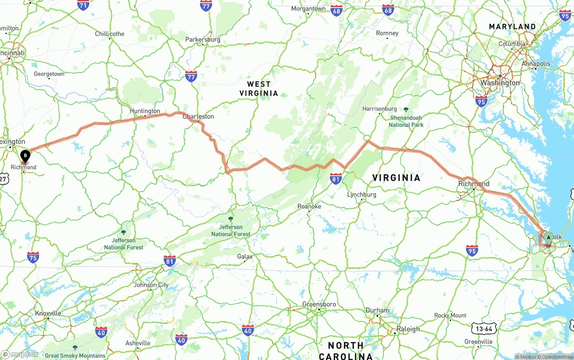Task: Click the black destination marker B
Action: coord(26,156)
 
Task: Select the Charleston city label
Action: coord(198,117)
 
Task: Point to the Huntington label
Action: coord(145,111)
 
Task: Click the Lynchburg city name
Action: coord(362,195)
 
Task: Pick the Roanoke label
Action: coord(309,206)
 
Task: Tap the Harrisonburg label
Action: coord(379,109)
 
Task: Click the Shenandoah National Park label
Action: coord(406,121)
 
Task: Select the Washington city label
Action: coord(500,83)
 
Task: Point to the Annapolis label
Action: coord(535,64)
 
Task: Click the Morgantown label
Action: coord(309,9)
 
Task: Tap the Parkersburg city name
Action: coord(203,39)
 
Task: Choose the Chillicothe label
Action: coord(110,34)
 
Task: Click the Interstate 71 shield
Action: coord(83,5)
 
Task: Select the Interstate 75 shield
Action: coord(33,257)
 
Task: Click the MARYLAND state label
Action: coord(512,27)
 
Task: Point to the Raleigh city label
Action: coord(408,329)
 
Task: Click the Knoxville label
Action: coord(48,313)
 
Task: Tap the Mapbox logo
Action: coord(19,355)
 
